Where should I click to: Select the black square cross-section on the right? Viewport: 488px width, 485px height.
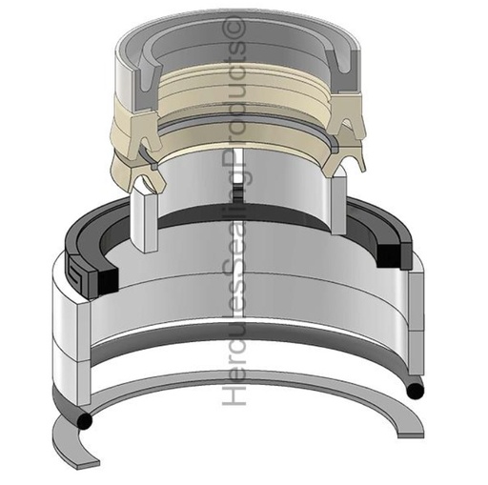pyautogui.click(x=389, y=253)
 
